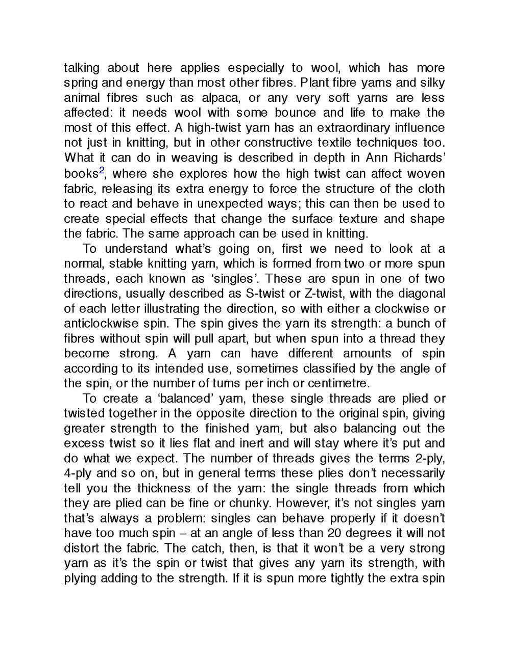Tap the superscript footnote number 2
102,171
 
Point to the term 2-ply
427,458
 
